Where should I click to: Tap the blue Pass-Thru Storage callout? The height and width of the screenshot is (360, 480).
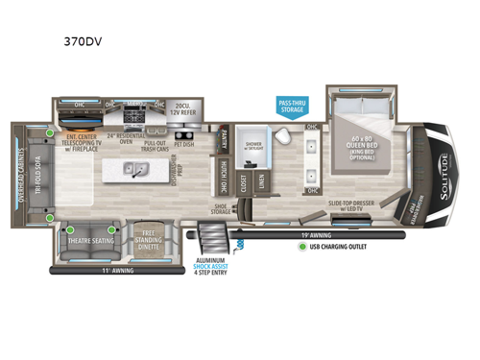pyautogui.click(x=292, y=106)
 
